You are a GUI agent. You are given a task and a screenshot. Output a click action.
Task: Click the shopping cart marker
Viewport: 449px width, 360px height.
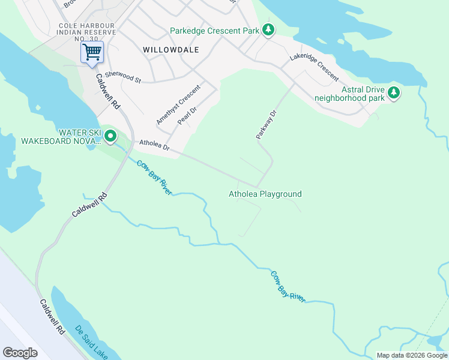[92, 52]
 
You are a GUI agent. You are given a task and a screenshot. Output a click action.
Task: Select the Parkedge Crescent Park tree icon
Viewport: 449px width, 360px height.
[268, 30]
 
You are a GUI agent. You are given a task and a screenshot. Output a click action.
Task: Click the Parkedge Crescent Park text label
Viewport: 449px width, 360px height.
[214, 31]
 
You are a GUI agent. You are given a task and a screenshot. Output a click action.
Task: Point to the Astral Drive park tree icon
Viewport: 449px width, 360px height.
[394, 92]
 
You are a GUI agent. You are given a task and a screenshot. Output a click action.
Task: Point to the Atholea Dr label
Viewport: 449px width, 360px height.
[155, 146]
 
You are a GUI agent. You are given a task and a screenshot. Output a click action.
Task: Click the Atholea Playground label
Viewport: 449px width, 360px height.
[265, 194]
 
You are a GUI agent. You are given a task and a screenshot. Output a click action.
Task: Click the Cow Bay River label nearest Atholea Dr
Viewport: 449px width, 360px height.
[154, 177]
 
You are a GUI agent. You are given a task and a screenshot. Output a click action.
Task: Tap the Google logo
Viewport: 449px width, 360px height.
[20, 353]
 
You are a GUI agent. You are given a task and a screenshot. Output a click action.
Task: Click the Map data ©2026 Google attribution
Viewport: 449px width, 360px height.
[411, 355]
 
